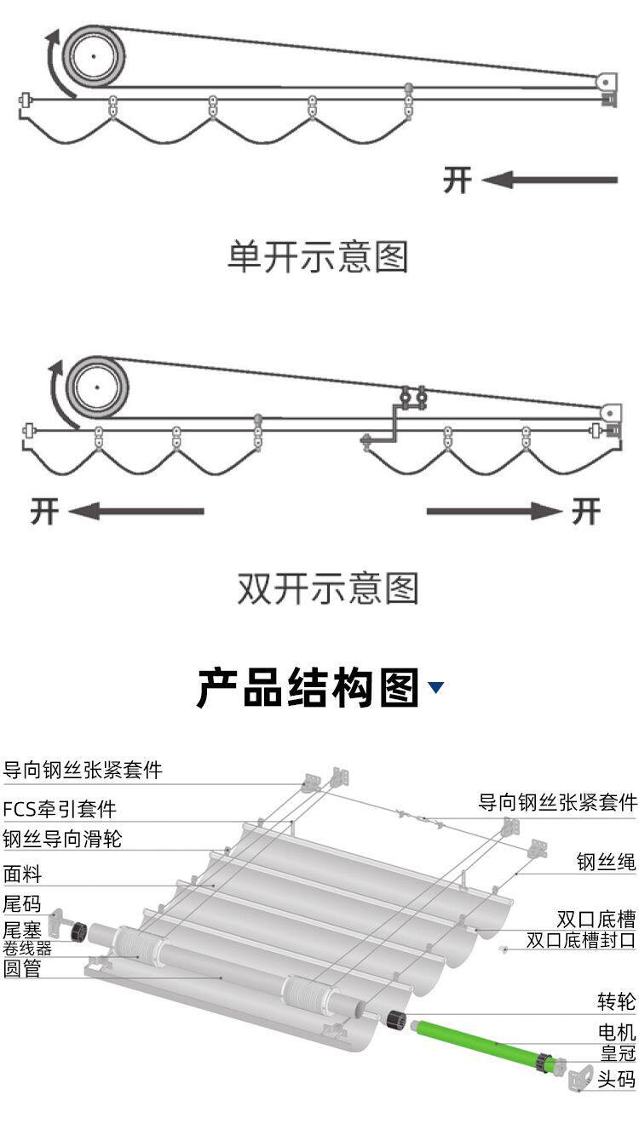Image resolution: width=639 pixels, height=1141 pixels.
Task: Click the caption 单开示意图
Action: [x=318, y=256]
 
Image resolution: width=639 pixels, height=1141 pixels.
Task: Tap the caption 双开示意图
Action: [x=327, y=588]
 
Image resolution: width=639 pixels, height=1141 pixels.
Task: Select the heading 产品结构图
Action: [x=308, y=688]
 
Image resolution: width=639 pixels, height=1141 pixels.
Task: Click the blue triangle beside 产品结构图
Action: [x=436, y=687]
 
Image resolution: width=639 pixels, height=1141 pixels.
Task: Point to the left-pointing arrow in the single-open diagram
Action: [x=550, y=180]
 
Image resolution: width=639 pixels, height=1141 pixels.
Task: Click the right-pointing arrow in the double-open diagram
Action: [x=494, y=511]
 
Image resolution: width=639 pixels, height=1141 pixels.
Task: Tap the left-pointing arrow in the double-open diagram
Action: [x=136, y=511]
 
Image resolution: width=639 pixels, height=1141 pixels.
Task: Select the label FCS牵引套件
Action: [x=60, y=808]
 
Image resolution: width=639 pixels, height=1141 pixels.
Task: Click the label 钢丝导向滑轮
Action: [x=62, y=839]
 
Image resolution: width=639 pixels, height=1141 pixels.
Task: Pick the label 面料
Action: [x=22, y=874]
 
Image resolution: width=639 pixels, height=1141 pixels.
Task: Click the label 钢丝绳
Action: [x=607, y=863]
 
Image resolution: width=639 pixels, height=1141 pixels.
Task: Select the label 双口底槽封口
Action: [x=581, y=940]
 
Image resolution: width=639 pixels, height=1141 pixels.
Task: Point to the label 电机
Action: [x=617, y=1032]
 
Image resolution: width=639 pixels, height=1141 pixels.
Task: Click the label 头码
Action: [x=617, y=1080]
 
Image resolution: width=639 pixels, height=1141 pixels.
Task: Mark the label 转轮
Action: [x=617, y=1001]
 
